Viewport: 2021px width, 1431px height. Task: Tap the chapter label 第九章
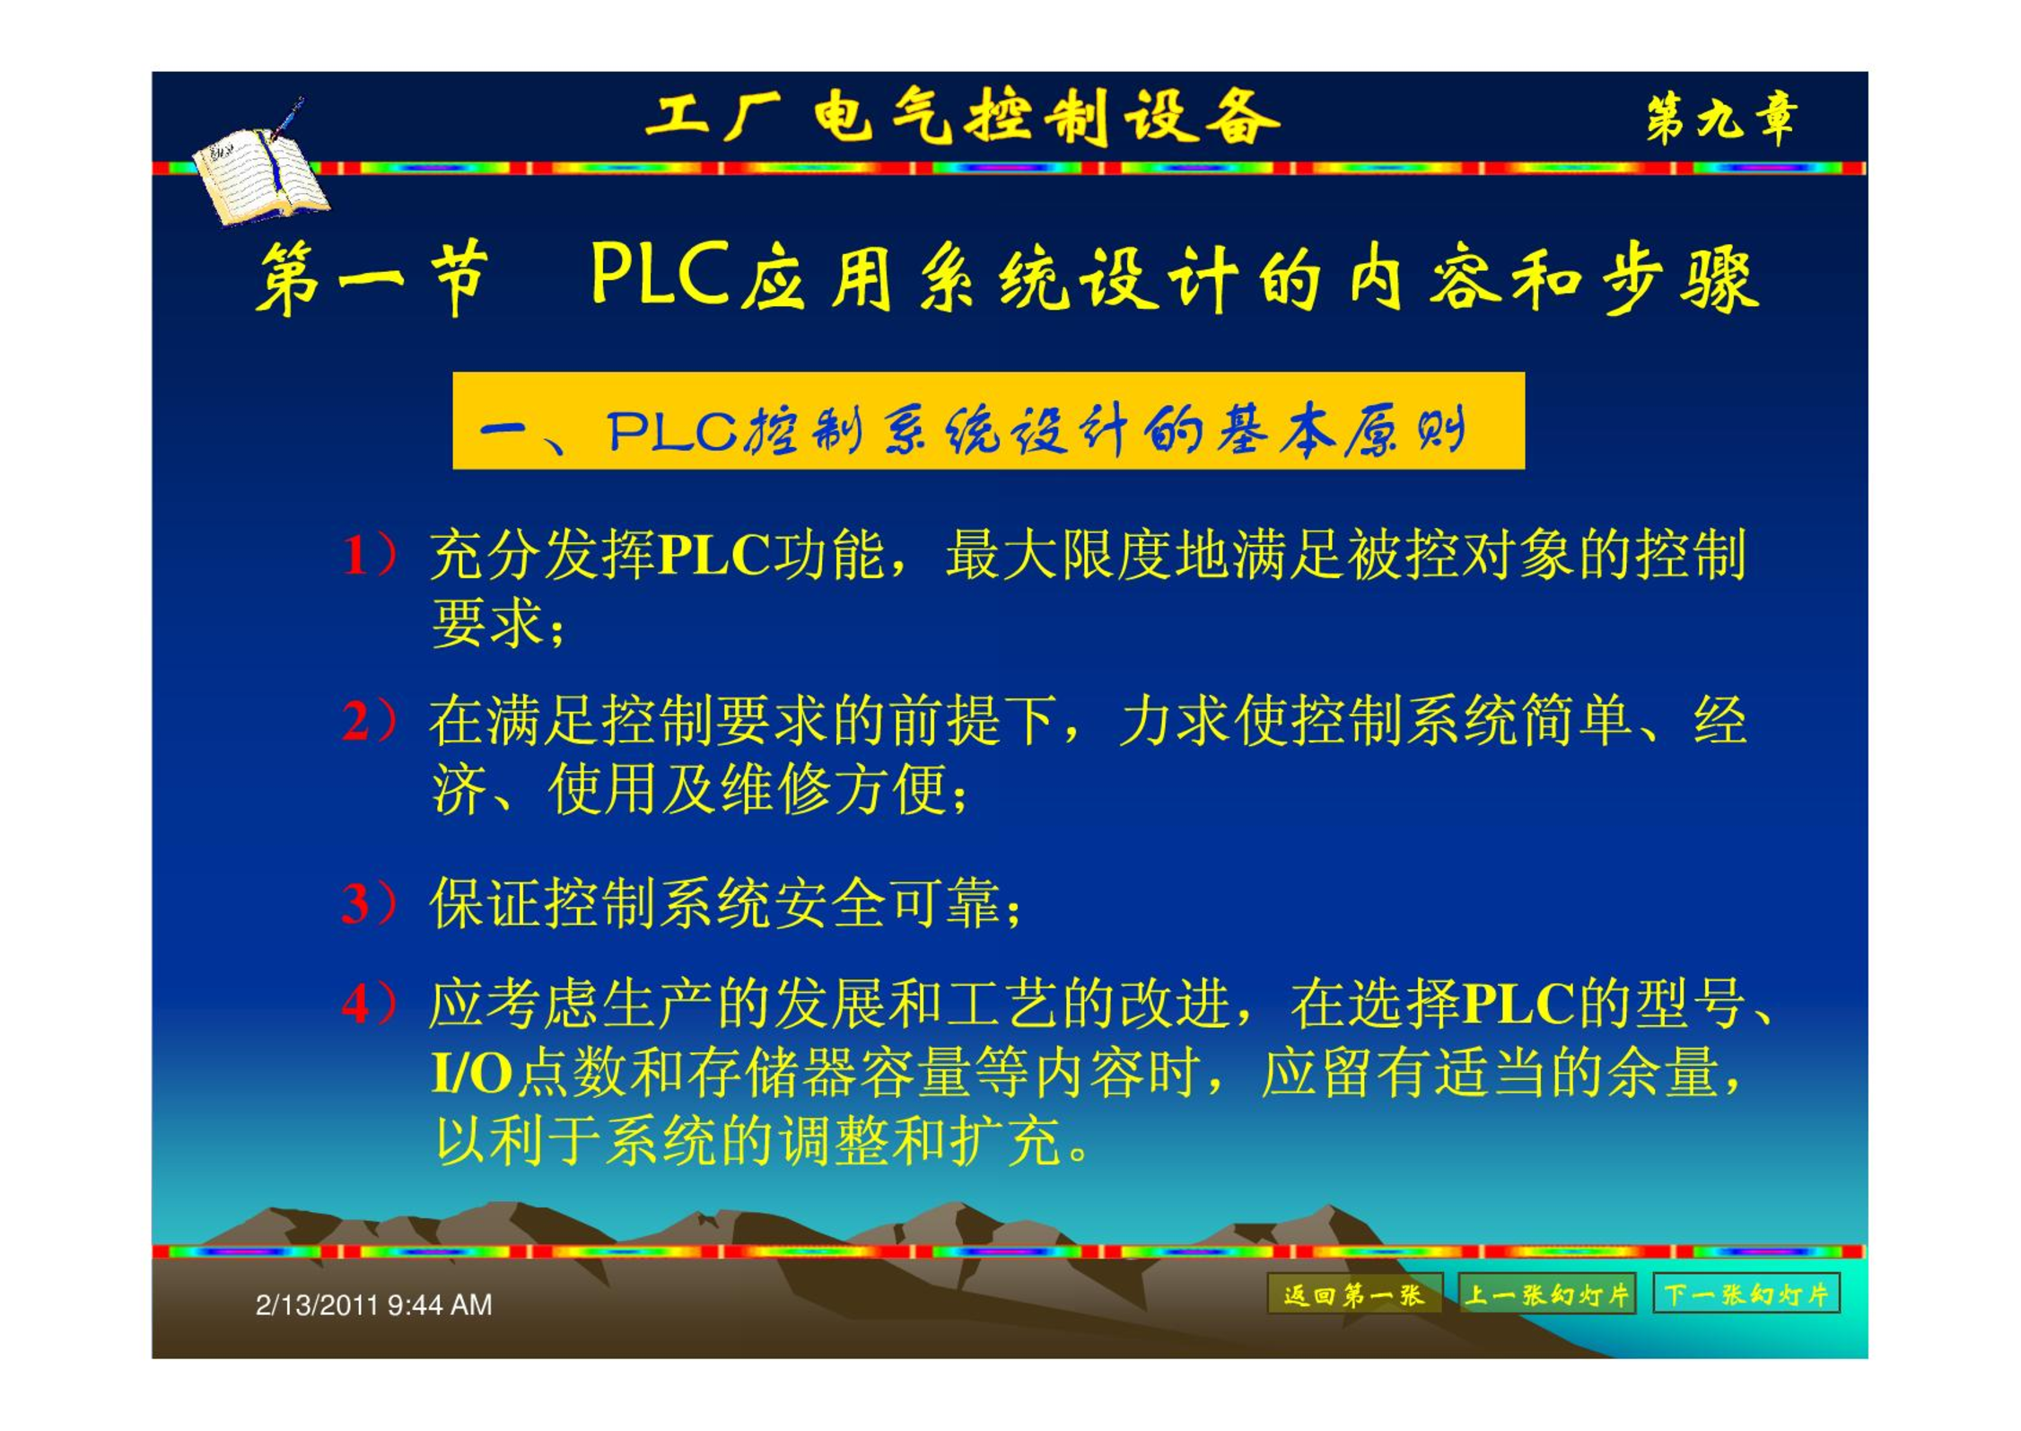(1721, 119)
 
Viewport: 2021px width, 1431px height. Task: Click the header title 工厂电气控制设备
(962, 118)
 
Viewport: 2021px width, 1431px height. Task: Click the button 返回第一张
(1354, 1294)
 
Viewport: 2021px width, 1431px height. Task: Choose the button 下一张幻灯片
(1746, 1294)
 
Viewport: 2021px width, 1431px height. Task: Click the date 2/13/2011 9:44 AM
(373, 1304)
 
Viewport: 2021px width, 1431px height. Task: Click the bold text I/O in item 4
(471, 1073)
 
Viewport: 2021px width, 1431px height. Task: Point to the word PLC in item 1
(714, 555)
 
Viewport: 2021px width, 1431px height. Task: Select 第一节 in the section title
(373, 278)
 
